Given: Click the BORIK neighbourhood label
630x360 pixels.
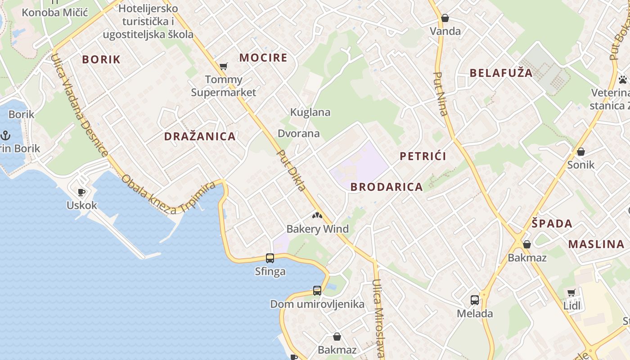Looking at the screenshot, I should tap(101, 59).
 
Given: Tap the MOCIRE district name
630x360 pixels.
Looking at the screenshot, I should tap(263, 58).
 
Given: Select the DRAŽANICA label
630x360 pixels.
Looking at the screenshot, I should tap(200, 136).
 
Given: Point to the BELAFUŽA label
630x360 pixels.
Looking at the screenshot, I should tap(501, 73).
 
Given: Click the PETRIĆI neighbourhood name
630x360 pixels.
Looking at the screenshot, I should tap(423, 156).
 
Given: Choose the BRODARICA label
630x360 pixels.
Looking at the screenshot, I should tap(387, 187).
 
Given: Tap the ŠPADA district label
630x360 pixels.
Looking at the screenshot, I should tap(552, 224).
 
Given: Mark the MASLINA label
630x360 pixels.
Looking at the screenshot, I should tap(596, 244).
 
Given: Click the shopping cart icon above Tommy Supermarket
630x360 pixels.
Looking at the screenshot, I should tap(224, 67).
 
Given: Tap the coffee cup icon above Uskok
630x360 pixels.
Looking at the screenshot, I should tap(81, 193).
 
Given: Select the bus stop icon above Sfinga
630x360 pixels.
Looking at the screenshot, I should tap(270, 258).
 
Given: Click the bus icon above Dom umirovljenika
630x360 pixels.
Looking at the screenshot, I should tap(317, 291).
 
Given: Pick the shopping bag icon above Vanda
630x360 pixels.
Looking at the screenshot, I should tap(445, 18).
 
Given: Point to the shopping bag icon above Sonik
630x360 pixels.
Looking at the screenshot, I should tap(581, 152).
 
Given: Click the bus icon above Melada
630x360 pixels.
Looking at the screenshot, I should tap(475, 300).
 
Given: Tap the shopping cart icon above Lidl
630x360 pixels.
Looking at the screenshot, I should tap(571, 293).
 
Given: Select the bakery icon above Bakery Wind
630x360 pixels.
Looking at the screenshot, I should tap(317, 216).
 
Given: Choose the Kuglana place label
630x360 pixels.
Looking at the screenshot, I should tap(310, 112).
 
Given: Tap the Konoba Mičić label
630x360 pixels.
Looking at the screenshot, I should tap(54, 12).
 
